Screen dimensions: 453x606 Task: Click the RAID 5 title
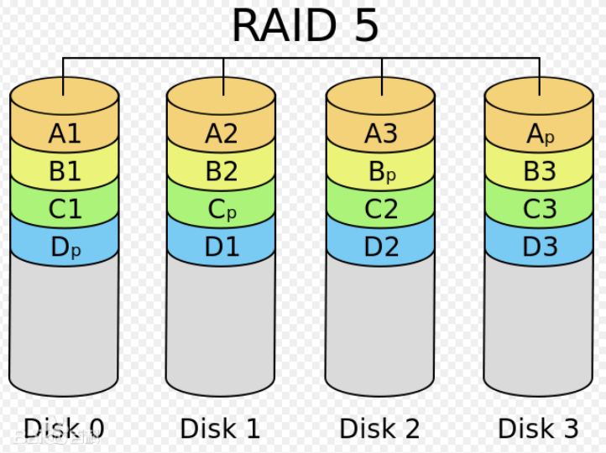coord(305,26)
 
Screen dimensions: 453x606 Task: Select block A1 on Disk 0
coord(65,134)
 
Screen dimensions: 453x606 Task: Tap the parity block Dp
coord(65,247)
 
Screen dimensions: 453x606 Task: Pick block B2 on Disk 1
coord(222,172)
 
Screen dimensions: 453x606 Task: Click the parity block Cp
coord(222,210)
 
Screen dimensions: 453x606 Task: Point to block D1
coord(222,247)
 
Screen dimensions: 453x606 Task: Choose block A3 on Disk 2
coord(381,134)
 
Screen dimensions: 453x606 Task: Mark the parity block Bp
coord(381,172)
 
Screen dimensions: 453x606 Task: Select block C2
coord(381,210)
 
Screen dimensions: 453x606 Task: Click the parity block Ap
coord(540,134)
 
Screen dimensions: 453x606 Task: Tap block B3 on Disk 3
coord(540,172)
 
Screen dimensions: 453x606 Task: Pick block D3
coord(540,247)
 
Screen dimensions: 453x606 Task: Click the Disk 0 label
coord(64,429)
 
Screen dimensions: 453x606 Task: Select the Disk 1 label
coord(220,429)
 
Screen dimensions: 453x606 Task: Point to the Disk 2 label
coord(379,429)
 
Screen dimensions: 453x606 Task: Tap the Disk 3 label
coord(538,429)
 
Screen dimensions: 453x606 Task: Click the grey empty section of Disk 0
coord(65,327)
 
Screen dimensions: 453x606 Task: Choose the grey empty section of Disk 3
coord(540,327)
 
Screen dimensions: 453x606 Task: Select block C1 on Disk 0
coord(65,210)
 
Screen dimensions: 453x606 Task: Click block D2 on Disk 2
coord(381,247)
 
